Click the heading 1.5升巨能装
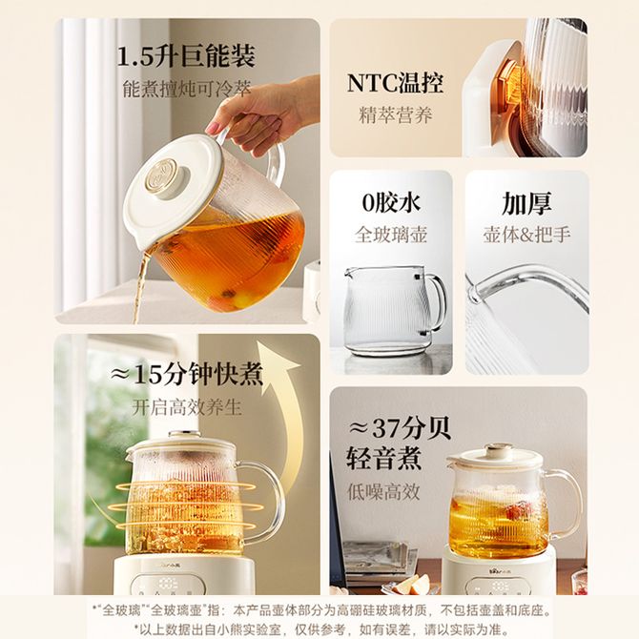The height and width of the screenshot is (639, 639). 186,56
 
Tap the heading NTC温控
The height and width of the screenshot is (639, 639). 395,84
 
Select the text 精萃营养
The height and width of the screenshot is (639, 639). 395,114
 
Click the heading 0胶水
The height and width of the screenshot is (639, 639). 391,202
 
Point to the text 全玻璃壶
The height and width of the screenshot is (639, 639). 391,235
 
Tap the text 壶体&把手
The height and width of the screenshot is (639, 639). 526,235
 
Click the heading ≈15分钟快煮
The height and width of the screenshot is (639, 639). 187,374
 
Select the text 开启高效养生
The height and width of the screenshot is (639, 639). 187,407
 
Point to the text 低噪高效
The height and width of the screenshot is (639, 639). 383,491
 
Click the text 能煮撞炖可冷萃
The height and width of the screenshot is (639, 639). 187,89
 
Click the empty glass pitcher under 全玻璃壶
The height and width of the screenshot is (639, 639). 392,311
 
